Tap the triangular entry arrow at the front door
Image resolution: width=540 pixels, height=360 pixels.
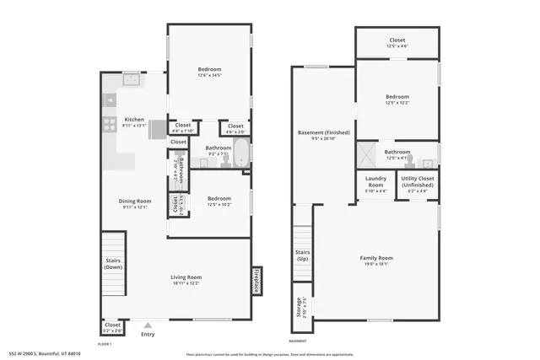click(x=148, y=324)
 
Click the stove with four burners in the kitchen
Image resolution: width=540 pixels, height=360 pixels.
click(x=110, y=123)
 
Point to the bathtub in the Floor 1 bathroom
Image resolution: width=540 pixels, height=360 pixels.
click(x=240, y=154)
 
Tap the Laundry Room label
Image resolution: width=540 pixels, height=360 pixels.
click(x=376, y=181)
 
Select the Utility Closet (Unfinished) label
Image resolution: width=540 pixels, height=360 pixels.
click(x=418, y=181)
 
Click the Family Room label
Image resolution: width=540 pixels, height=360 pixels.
click(x=376, y=258)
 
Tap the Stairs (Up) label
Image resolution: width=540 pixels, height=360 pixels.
click(x=302, y=255)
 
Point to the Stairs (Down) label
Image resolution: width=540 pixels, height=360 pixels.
click(x=112, y=264)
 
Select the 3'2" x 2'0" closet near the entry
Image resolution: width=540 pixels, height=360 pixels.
click(x=112, y=326)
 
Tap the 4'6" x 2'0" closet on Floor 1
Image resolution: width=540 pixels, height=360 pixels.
click(x=235, y=128)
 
